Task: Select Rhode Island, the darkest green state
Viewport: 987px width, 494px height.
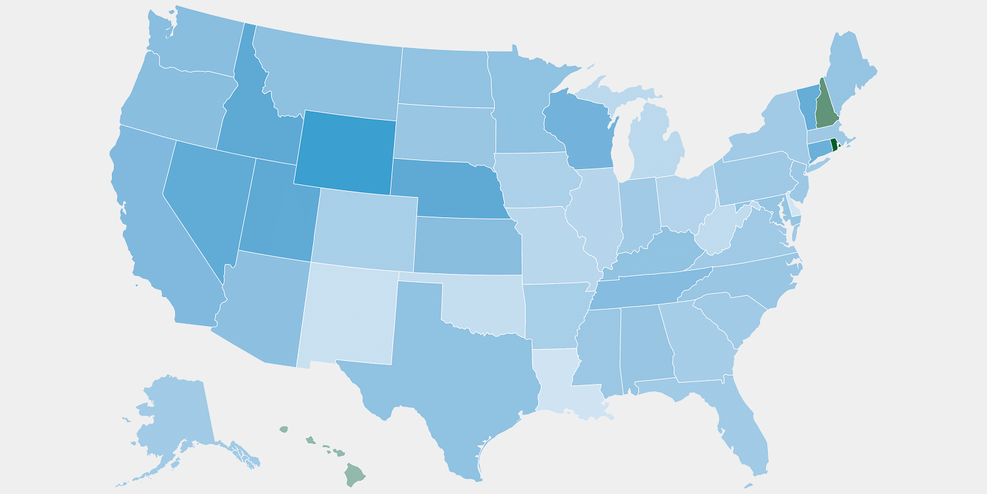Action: coord(834,144)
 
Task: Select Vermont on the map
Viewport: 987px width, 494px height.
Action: coord(807,105)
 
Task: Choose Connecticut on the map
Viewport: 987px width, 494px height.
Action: coord(818,150)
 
